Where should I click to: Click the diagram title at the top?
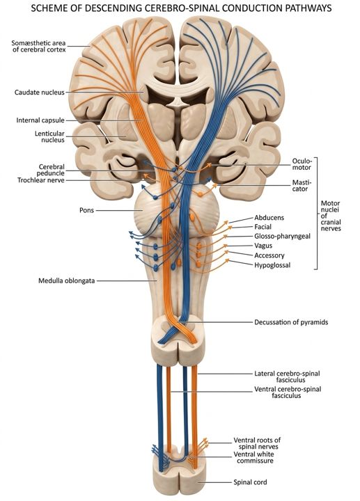pos(181,8)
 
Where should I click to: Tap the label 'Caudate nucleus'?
pos(40,93)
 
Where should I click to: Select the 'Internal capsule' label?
pos(40,120)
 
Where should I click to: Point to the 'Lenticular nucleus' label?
pos(49,137)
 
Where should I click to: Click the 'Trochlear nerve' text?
pos(41,180)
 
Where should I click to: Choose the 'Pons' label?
pos(86,210)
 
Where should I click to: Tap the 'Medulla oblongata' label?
pos(67,281)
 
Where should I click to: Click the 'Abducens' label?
pos(269,218)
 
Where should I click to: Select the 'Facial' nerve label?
pos(263,227)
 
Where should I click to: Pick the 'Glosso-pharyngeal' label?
pos(282,237)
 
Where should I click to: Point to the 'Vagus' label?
pos(263,246)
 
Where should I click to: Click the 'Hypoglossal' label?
pos(272,265)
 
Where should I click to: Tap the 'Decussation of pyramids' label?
pos(291,322)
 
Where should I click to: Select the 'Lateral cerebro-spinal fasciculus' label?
pos(287,376)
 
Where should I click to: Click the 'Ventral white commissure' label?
pos(254,458)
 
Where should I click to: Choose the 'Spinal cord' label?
pos(250,482)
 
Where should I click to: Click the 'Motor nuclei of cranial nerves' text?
pos(331,216)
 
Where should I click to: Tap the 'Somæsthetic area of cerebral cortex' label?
pos(39,46)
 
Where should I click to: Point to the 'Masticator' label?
pos(301,185)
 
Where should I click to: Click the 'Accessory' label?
pos(269,255)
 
